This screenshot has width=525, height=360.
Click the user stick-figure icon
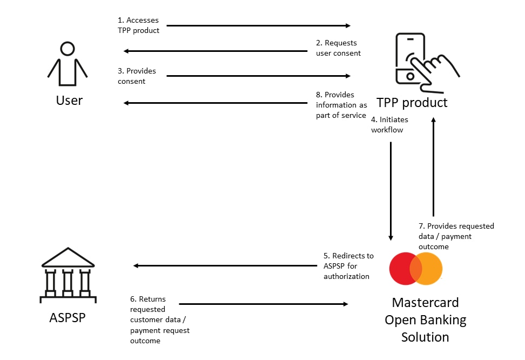point(68,65)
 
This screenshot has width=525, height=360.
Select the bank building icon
point(68,275)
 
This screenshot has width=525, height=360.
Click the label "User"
point(69,101)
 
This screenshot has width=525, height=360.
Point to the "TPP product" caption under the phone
point(412,102)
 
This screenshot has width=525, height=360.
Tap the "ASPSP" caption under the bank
point(67,317)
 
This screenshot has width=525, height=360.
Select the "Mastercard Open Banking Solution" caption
point(425,319)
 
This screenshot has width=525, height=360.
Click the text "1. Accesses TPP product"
point(139,25)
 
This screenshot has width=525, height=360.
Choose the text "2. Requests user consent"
point(338,48)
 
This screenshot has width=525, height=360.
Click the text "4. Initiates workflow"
point(389,124)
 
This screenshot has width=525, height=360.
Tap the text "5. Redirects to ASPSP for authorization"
point(348,266)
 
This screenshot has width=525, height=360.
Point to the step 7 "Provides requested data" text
point(456,236)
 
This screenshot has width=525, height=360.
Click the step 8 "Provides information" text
point(341,105)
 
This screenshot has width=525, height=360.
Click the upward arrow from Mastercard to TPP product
point(433,168)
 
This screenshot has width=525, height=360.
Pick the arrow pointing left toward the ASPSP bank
point(225,265)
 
